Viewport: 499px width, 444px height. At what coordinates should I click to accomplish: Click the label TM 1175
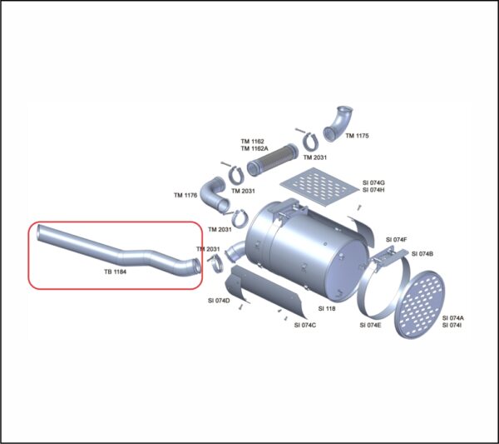tap(357, 136)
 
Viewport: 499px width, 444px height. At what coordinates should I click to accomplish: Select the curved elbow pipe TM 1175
tap(338, 123)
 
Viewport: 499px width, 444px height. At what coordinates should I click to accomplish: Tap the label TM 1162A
tap(254, 148)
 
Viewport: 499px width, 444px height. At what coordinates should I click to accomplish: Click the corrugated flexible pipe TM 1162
tap(272, 159)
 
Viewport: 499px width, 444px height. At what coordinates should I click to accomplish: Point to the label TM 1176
tap(185, 195)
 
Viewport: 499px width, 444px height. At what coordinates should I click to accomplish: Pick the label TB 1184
tap(116, 272)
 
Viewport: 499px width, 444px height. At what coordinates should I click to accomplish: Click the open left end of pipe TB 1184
tap(39, 232)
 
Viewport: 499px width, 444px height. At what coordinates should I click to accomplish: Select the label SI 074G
tap(373, 183)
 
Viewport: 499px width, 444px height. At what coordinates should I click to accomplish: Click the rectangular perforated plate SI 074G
tap(319, 187)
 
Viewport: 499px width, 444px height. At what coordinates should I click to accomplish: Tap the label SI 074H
tap(373, 190)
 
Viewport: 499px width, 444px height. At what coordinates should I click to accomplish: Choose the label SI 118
tap(327, 308)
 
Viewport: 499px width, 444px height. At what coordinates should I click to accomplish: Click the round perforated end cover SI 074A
tap(419, 305)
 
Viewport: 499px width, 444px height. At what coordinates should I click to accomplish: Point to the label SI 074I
tap(452, 325)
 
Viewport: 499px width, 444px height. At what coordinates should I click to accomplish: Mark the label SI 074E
tap(370, 325)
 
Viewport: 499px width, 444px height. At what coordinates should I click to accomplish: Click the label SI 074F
tap(397, 240)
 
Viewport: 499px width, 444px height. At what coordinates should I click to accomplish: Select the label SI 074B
tap(422, 254)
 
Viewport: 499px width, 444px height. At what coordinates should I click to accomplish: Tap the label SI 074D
tap(219, 301)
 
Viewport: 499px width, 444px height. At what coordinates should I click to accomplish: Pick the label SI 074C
tap(305, 325)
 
